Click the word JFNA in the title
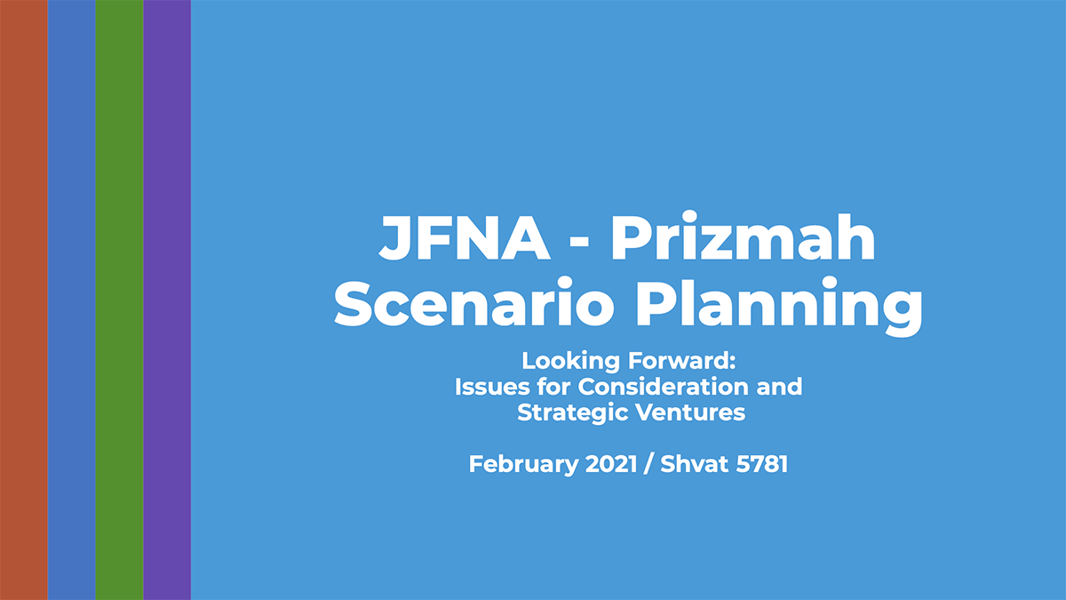click(x=465, y=237)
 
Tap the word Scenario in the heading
click(x=474, y=302)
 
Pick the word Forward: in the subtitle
click(x=682, y=361)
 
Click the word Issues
click(x=492, y=386)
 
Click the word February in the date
click(x=524, y=465)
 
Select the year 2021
click(x=611, y=464)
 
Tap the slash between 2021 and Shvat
click(x=648, y=464)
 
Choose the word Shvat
click(x=695, y=464)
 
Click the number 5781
click(x=762, y=464)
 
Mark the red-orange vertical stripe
click(x=24, y=300)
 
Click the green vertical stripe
click(x=119, y=300)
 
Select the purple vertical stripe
click(x=167, y=300)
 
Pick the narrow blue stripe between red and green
click(x=71, y=300)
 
